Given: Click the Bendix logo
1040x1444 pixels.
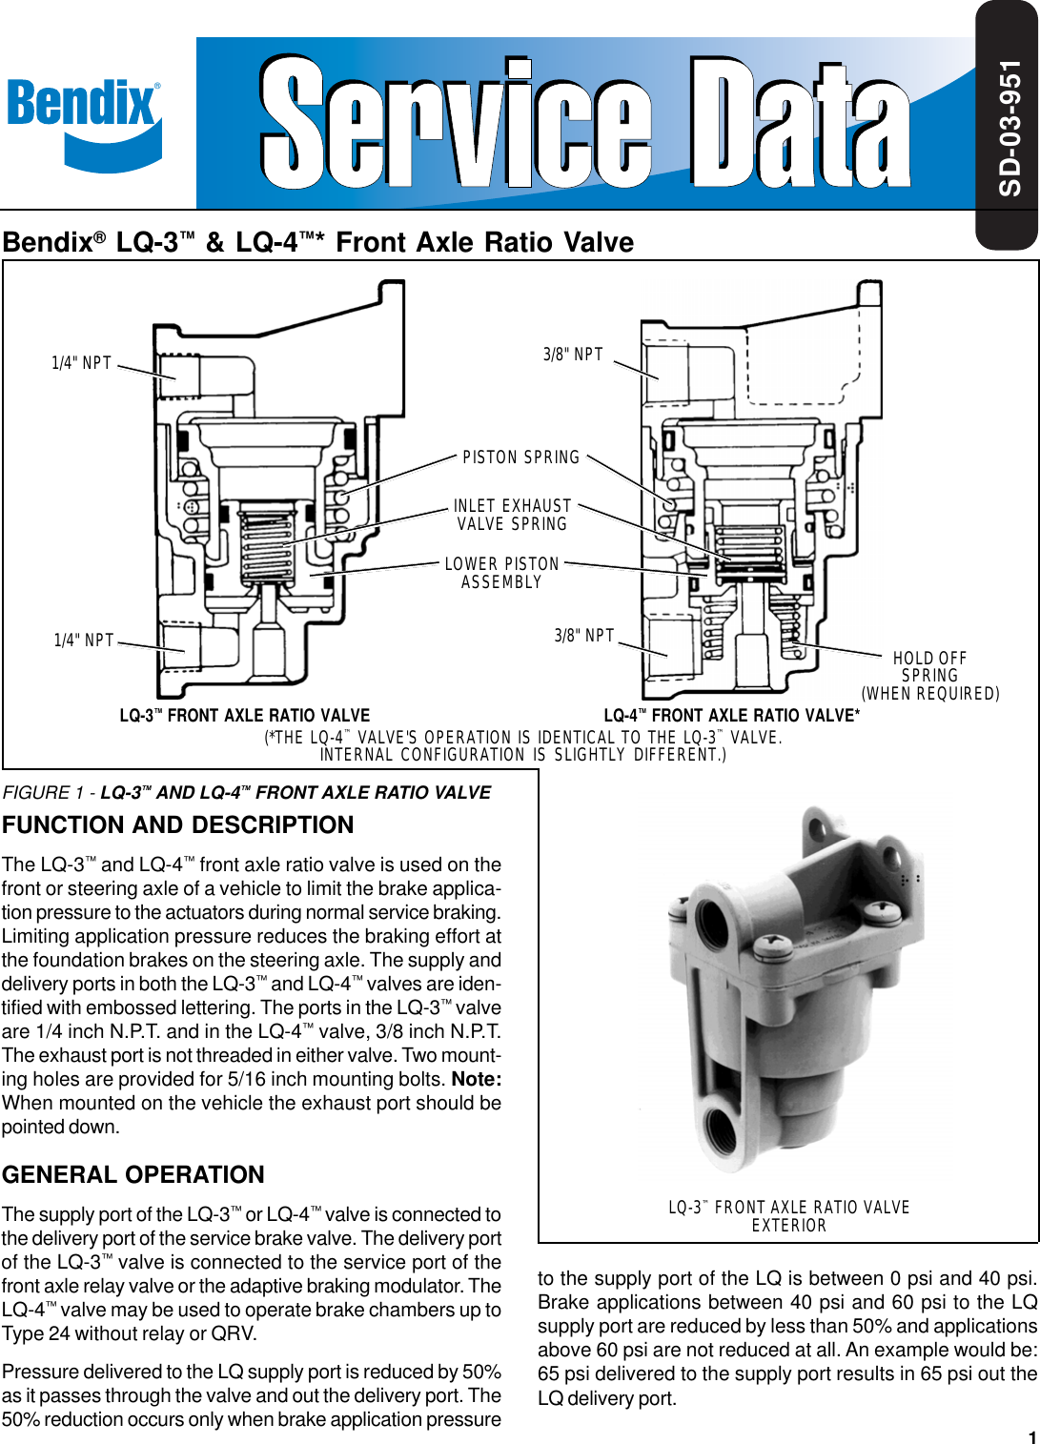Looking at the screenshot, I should (x=84, y=122).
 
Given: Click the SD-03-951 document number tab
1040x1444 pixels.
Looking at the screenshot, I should (x=1009, y=127).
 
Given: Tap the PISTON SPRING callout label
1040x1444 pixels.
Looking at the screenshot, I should (x=520, y=458).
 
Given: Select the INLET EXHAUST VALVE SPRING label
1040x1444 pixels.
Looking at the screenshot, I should (x=512, y=515).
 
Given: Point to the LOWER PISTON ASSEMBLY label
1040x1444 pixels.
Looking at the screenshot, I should (x=501, y=573).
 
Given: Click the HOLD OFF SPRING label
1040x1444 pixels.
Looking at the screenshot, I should (x=930, y=676).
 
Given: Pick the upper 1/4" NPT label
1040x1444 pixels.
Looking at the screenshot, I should (x=82, y=363).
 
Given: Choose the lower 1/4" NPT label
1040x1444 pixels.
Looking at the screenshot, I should (x=84, y=641).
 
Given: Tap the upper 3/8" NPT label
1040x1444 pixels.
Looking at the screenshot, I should (x=573, y=355).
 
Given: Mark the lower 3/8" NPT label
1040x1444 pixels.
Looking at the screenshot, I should (x=584, y=636).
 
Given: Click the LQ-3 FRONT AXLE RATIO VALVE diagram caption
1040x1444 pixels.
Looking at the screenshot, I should (x=245, y=716).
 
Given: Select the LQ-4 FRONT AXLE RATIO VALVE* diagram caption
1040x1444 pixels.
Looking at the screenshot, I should (x=731, y=716).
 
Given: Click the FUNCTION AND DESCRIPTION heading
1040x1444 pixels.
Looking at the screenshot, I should (x=178, y=825).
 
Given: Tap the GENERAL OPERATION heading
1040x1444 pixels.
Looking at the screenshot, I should (x=133, y=1175).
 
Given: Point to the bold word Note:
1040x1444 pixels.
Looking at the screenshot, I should (x=477, y=1080).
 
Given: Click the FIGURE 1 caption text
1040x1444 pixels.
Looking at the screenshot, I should (x=247, y=793).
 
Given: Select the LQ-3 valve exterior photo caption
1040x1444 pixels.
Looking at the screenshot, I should (x=788, y=1216).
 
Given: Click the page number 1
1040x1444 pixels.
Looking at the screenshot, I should (x=1031, y=1436).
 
